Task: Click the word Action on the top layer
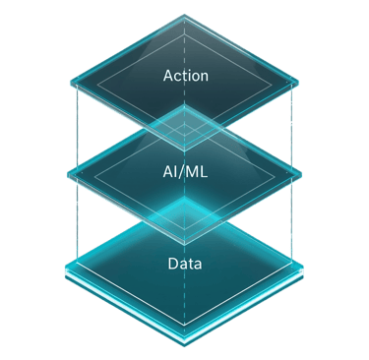pyautogui.click(x=185, y=74)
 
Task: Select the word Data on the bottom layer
pyautogui.click(x=185, y=263)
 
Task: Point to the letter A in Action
pyautogui.click(x=166, y=74)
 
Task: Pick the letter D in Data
pyautogui.click(x=170, y=263)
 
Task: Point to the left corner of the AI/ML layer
pyautogui.click(x=67, y=176)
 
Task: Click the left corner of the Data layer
pyautogui.click(x=67, y=268)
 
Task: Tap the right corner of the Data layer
pyautogui.click(x=303, y=268)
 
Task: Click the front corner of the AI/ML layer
pyautogui.click(x=185, y=239)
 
